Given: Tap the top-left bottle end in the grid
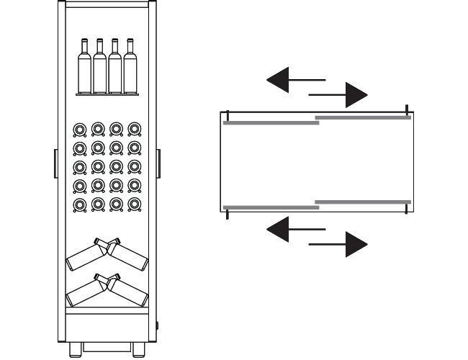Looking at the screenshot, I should click(x=81, y=130).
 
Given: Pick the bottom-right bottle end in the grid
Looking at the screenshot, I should click(x=134, y=204).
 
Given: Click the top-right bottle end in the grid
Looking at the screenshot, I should click(x=134, y=130).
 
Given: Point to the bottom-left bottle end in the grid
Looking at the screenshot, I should click(x=81, y=204).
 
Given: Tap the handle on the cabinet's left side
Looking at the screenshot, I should click(x=56, y=163).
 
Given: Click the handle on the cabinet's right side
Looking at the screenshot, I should click(x=158, y=163).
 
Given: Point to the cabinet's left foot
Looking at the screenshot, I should click(x=75, y=351).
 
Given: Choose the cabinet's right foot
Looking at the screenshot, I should click(x=139, y=351).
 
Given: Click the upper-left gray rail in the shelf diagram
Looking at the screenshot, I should click(x=271, y=123).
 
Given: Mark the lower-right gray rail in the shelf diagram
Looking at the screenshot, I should click(x=363, y=202).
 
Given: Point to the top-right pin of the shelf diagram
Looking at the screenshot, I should click(x=407, y=110).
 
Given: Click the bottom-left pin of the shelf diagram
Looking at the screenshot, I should click(x=228, y=212).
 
